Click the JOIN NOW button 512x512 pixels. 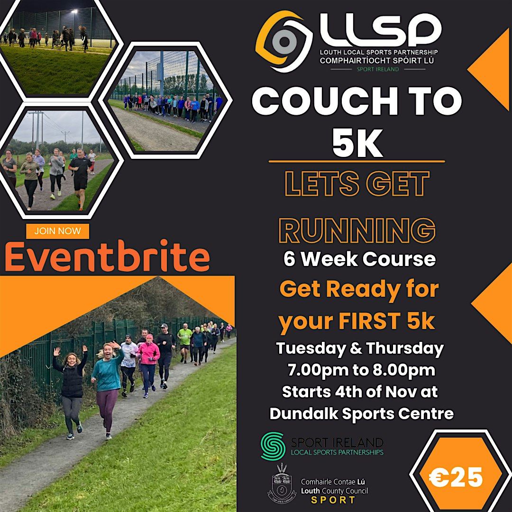58,231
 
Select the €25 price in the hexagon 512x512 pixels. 456,477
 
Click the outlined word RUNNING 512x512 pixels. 357,230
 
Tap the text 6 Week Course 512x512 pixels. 359,259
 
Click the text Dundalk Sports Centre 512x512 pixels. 361,413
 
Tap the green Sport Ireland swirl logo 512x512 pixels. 273,446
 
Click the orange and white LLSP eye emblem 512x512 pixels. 283,41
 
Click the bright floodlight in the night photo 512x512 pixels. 74,11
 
